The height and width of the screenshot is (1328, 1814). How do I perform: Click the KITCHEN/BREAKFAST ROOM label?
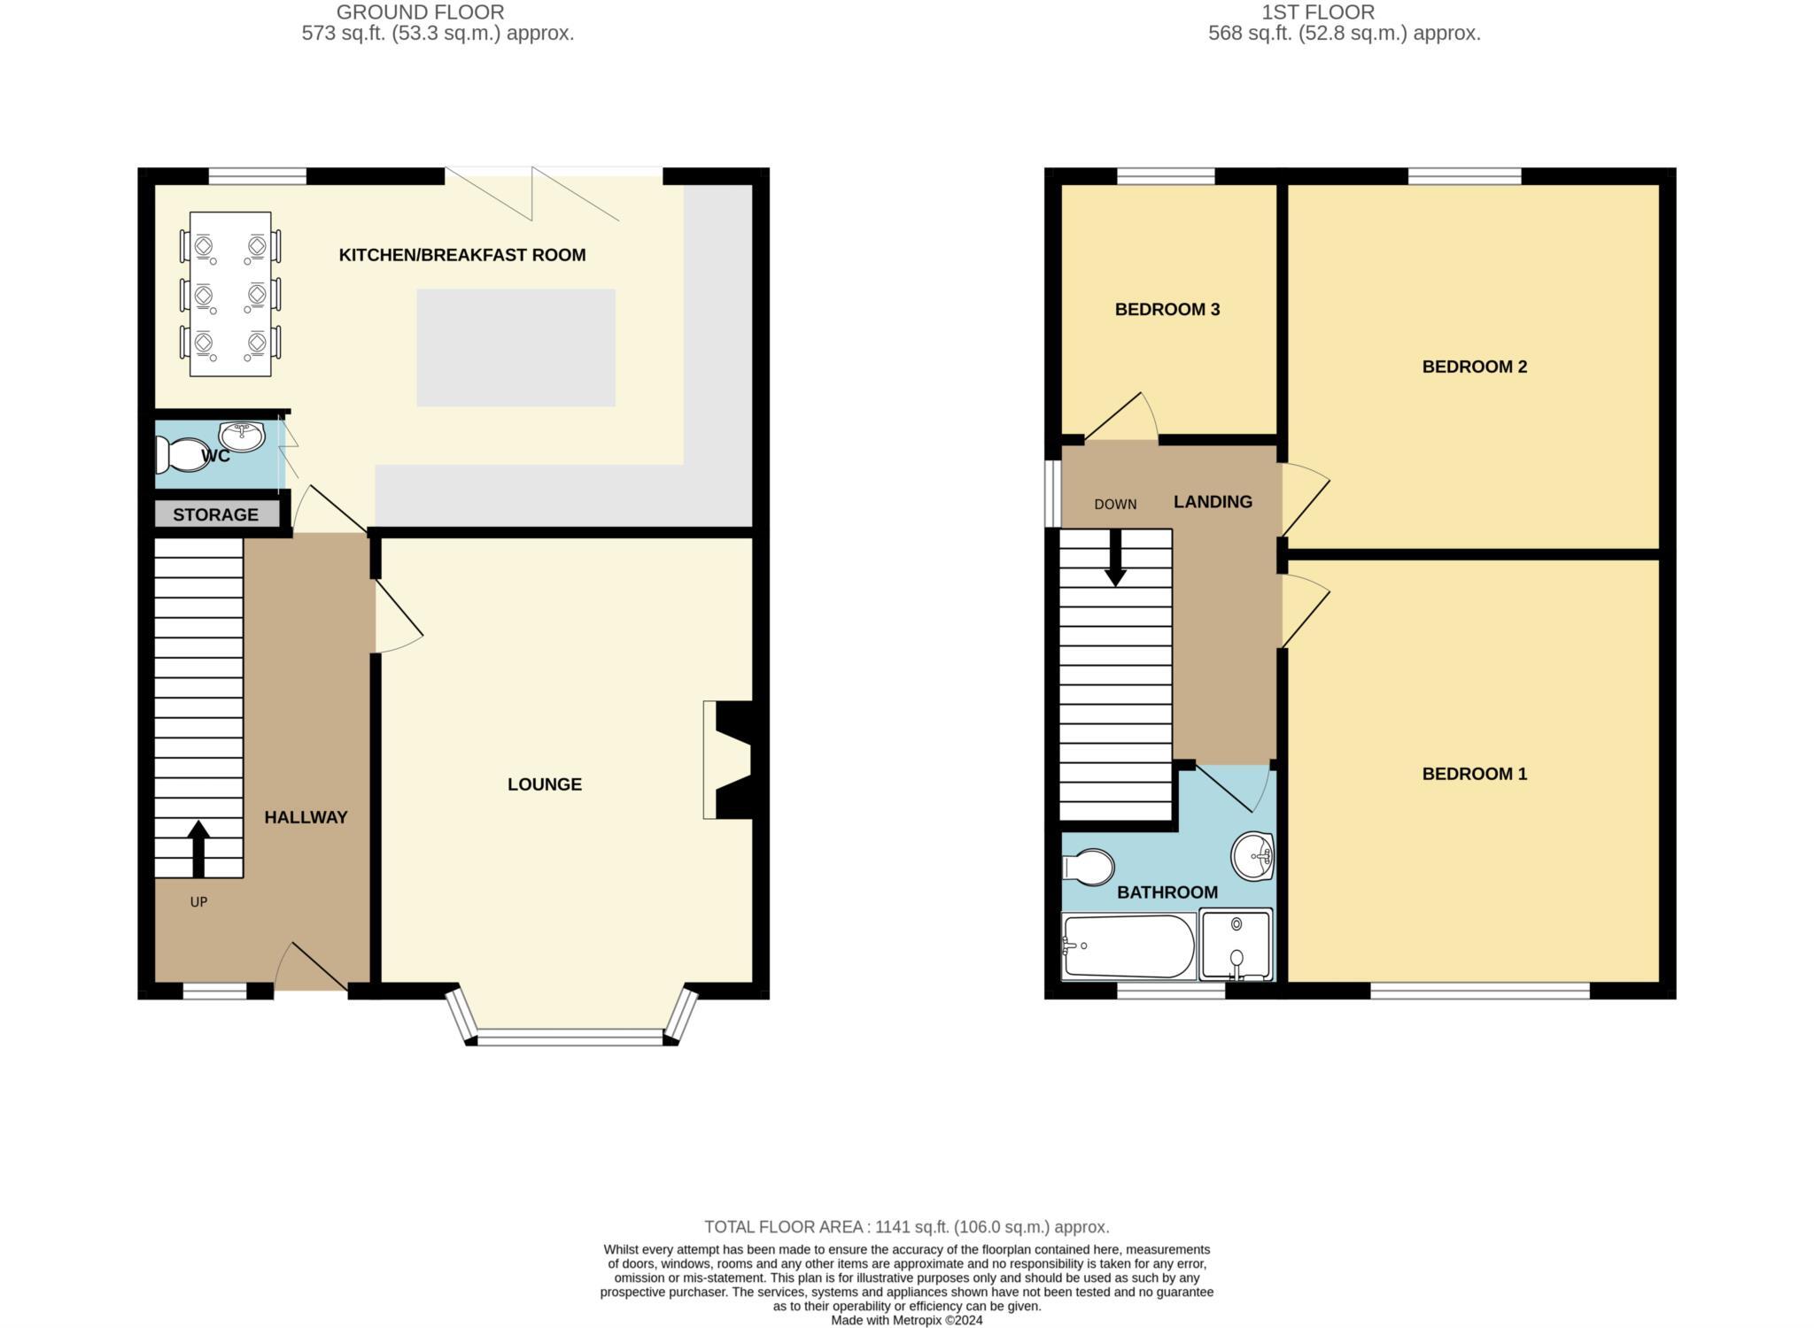(x=461, y=255)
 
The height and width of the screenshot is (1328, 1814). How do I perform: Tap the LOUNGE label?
(x=544, y=784)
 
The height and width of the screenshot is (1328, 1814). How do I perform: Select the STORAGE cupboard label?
(x=215, y=514)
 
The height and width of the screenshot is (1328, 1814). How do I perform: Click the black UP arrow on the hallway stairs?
(x=198, y=847)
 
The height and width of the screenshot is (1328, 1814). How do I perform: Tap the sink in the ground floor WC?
(x=241, y=436)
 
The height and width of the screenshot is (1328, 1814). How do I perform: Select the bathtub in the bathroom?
(x=1128, y=946)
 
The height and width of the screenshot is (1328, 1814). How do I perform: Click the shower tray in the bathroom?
(x=1236, y=945)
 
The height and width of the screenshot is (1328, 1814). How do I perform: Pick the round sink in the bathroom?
(x=1252, y=856)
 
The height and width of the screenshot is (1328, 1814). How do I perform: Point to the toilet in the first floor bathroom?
(x=1089, y=867)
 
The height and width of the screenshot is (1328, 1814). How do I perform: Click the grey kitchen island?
(x=516, y=347)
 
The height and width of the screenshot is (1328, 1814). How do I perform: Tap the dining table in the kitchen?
(x=230, y=294)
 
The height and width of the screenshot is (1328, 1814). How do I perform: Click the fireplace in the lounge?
(x=732, y=760)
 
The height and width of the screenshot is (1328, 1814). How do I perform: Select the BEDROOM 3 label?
(x=1167, y=310)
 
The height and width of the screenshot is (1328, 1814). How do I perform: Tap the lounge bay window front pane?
(x=570, y=1037)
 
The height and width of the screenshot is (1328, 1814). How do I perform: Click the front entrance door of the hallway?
(x=312, y=969)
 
